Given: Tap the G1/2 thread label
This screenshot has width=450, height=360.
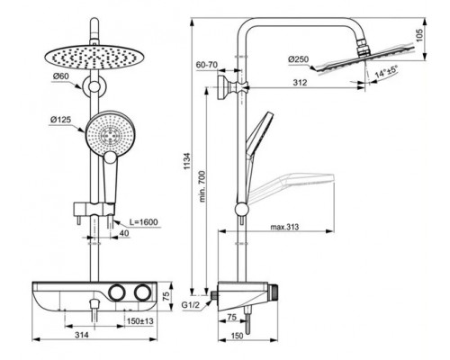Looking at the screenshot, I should click(x=191, y=307).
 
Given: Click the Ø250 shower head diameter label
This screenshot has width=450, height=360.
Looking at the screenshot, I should click(x=300, y=60).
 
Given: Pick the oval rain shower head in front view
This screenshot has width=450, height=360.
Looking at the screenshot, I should click(x=93, y=56).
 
